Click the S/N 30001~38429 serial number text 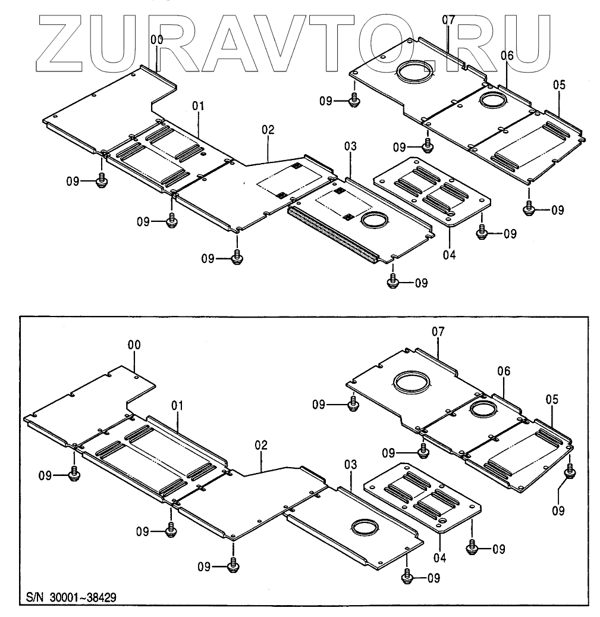(x=67, y=597)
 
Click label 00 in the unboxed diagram (x=157, y=39)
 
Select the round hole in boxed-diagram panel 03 (x=364, y=526)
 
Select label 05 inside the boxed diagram (x=552, y=400)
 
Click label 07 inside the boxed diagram (x=438, y=331)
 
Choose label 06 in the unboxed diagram (x=507, y=56)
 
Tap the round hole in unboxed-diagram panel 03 (x=374, y=220)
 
